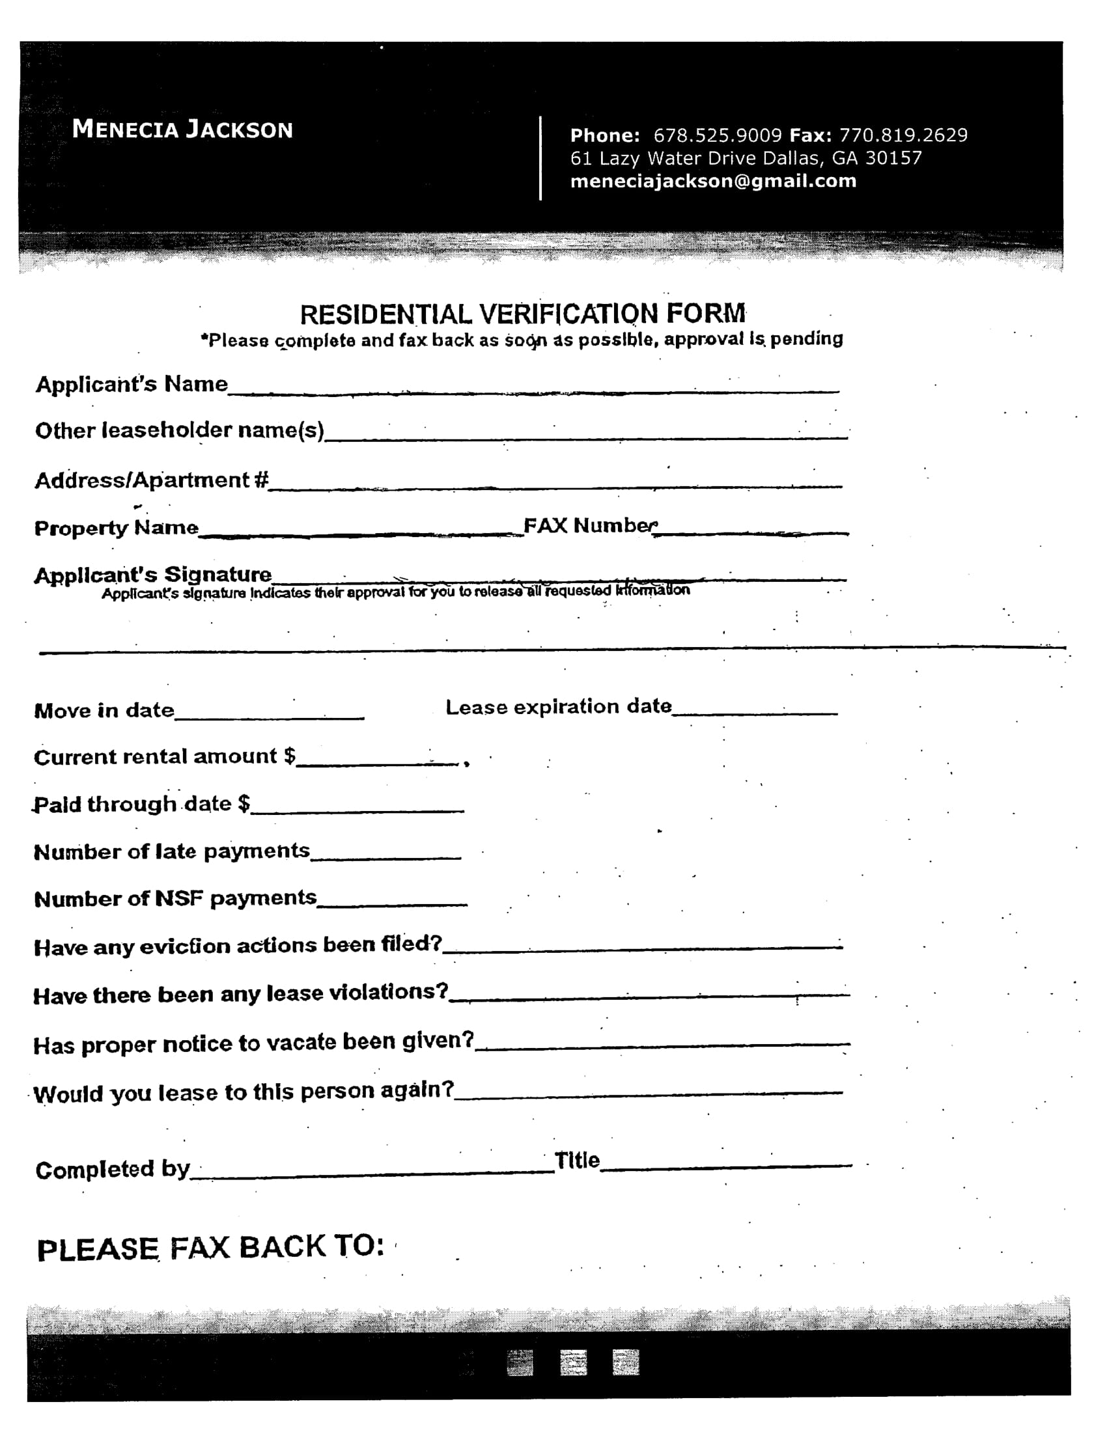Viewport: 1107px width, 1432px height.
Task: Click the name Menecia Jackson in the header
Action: point(182,129)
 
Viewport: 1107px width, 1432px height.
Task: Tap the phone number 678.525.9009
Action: point(718,135)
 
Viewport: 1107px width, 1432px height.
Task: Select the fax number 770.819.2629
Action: point(903,135)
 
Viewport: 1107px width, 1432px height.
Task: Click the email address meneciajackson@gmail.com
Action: point(713,181)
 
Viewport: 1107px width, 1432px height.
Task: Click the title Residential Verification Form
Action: point(523,314)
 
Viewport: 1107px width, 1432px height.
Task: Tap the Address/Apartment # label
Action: point(152,480)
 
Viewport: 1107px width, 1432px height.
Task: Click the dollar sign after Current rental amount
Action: point(289,756)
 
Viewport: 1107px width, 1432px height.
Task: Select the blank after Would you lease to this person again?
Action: point(648,1091)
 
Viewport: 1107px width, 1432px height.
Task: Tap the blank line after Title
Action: point(725,1163)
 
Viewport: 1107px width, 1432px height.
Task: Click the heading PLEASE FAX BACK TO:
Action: point(210,1247)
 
